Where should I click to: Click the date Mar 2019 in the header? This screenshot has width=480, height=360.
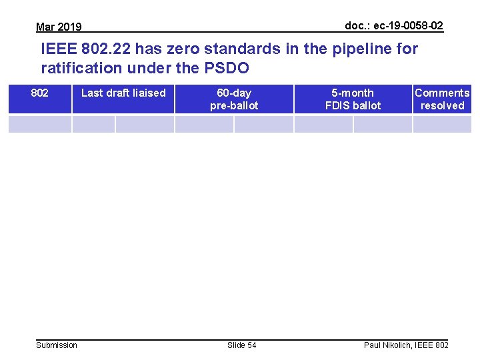(x=59, y=27)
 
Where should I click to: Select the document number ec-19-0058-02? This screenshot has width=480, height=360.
(x=393, y=25)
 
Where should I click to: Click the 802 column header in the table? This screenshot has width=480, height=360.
(x=40, y=93)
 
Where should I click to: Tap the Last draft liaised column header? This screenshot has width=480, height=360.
(x=123, y=93)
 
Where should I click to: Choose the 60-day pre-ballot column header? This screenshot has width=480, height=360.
(x=234, y=99)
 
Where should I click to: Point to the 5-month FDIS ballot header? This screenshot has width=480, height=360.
(x=353, y=99)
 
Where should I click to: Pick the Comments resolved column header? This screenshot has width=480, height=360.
(x=442, y=99)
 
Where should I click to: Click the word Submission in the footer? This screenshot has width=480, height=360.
(x=57, y=345)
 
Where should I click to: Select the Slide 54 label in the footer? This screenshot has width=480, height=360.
(x=241, y=345)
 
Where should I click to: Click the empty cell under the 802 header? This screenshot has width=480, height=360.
(x=40, y=124)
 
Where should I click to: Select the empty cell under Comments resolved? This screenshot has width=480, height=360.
(x=442, y=124)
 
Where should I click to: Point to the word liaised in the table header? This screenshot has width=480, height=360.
(x=147, y=93)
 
